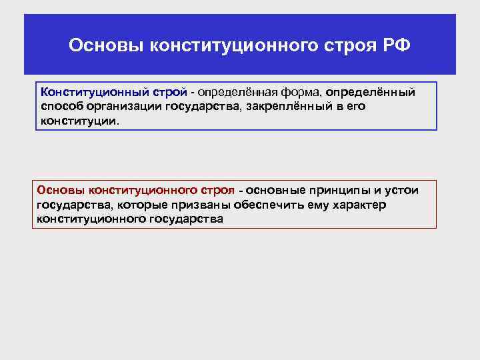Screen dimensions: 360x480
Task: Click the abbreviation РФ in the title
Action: click(397, 46)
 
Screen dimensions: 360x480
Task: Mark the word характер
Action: click(358, 205)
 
